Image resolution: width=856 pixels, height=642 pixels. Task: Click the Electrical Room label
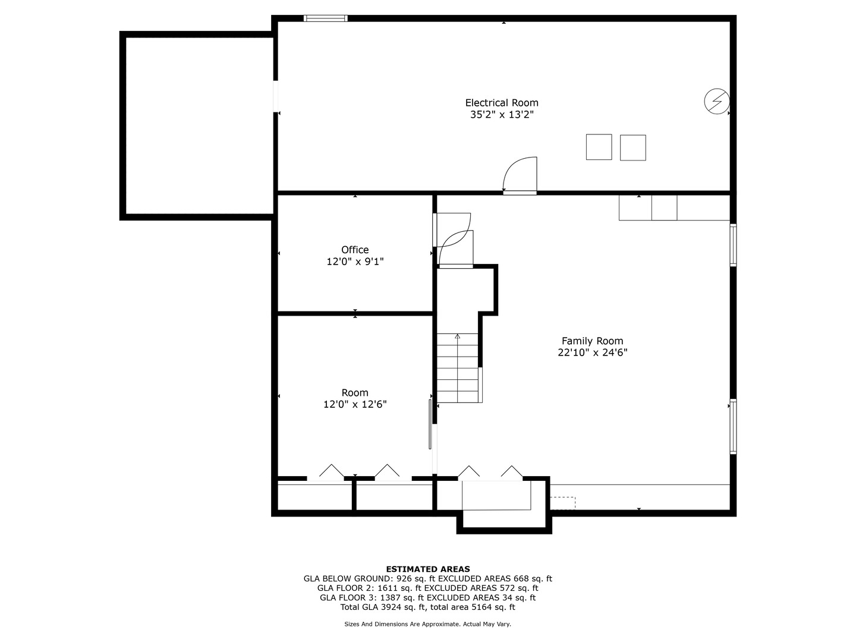[502, 103]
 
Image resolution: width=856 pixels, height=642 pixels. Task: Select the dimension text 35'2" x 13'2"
[502, 115]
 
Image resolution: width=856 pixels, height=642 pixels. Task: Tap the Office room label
[355, 250]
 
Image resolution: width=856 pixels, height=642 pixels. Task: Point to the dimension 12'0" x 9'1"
[355, 262]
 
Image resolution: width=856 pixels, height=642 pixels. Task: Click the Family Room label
[592, 341]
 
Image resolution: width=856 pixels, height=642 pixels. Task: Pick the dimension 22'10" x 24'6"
[592, 353]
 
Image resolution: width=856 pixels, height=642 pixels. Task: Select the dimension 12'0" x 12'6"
[355, 404]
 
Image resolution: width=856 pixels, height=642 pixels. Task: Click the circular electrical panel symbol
[716, 101]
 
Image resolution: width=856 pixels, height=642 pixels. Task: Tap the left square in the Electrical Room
[599, 147]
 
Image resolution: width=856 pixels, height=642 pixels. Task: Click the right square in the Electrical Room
[632, 147]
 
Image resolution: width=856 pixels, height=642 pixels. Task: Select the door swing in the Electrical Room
[520, 174]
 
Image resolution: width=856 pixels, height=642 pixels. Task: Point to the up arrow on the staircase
[457, 337]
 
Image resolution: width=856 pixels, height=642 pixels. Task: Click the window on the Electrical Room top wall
[325, 18]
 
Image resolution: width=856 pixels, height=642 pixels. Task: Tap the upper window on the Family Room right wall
[733, 245]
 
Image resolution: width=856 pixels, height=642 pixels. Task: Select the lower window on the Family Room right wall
[733, 426]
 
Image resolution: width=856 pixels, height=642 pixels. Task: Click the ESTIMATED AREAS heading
[427, 569]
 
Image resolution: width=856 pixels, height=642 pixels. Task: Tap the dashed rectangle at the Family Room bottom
[562, 503]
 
